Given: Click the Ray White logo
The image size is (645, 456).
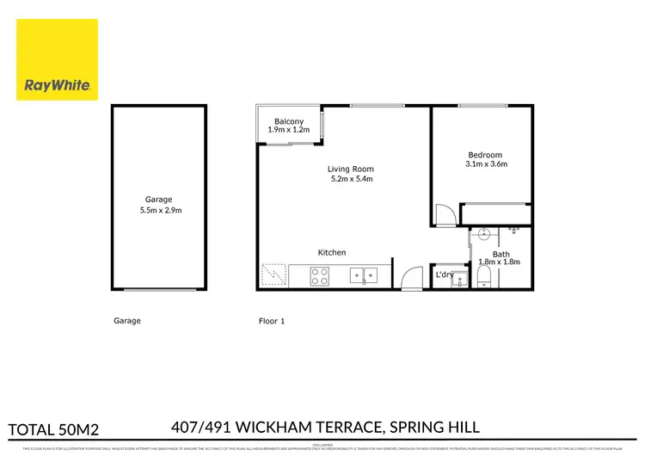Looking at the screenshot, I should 57,60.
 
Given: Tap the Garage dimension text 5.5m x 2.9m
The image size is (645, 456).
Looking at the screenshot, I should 161,210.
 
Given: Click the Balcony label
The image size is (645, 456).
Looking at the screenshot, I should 288,121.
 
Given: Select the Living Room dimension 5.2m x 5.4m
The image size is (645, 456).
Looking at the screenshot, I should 351,180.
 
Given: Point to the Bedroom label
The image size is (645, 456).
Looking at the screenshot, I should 485,155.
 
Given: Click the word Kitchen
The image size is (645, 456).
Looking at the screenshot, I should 332,252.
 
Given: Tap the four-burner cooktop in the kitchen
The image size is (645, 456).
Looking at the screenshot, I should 319,277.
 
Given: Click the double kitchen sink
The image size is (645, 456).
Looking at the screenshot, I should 364,276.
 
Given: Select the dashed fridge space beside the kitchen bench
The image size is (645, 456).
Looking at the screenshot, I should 274,275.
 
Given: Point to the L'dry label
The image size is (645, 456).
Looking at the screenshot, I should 445,274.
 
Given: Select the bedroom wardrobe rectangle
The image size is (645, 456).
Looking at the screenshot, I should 496,214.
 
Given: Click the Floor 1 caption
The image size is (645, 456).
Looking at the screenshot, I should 272,321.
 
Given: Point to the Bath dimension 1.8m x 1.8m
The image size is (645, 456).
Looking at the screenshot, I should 500,262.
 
